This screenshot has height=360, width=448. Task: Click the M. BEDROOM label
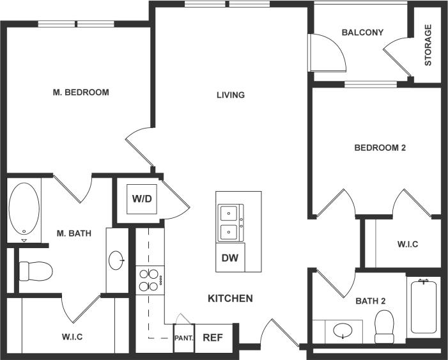coord(81,92)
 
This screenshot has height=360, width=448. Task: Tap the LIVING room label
coord(231,95)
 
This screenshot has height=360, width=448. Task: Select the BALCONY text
coord(362,32)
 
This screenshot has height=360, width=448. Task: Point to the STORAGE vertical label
coord(428,45)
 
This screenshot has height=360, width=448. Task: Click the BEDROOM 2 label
coord(380,148)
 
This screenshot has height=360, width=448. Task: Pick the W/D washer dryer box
coord(143,199)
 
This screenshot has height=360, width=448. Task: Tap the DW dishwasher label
coord(229,258)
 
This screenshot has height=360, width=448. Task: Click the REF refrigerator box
coord(213,338)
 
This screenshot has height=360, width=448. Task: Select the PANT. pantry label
coord(183,338)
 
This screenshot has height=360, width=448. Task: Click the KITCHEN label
coord(230,298)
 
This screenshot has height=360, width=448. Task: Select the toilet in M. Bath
coord(34,271)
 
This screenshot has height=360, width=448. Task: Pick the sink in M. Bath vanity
coord(116,260)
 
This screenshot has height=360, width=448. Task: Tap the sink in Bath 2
coord(344,332)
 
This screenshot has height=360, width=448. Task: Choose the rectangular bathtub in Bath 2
coord(423,309)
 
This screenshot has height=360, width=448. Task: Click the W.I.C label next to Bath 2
coord(407,244)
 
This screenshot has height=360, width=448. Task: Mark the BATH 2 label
coord(371,300)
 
